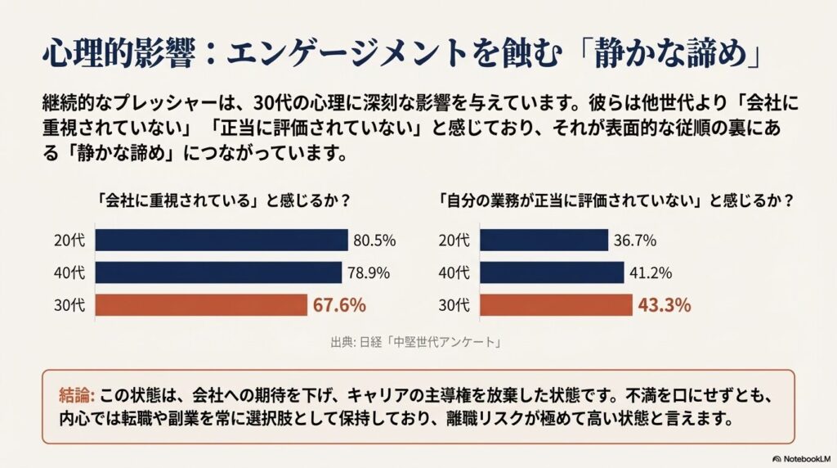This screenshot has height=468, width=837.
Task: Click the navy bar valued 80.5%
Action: [x=222, y=240]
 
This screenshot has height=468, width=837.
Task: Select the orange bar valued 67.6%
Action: [x=201, y=305]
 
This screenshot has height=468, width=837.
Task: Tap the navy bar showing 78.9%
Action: [x=218, y=272]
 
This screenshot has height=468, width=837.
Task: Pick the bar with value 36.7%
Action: [x=544, y=240]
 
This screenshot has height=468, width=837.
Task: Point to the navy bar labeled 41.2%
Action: [x=552, y=272]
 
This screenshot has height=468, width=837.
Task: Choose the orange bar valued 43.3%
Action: [x=556, y=305]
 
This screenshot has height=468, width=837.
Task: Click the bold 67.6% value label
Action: [x=338, y=305]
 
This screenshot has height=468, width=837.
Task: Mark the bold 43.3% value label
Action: [x=665, y=305]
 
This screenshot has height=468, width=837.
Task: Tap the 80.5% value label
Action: [x=374, y=241]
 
